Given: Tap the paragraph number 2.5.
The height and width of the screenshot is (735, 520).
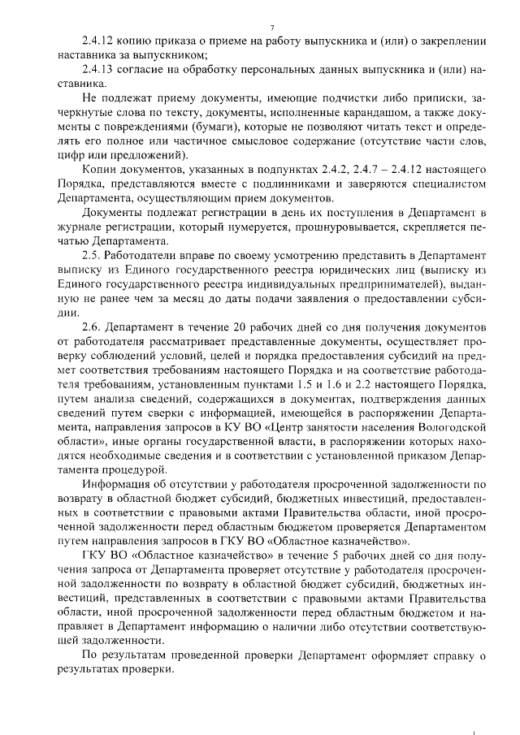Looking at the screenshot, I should coord(92,255).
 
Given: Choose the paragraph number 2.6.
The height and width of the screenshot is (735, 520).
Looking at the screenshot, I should coord(92,326).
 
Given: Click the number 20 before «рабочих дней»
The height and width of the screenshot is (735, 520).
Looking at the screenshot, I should coord(216,326).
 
